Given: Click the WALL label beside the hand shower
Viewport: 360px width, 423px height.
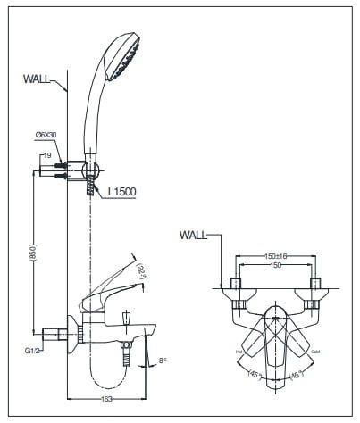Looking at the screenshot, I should point(38,79).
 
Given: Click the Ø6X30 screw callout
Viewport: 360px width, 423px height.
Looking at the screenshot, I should point(47,134).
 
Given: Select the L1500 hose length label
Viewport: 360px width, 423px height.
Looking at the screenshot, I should point(121,192).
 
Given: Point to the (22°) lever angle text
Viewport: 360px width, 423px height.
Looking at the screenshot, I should point(141,270).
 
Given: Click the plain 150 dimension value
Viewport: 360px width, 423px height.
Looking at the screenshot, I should point(274,265).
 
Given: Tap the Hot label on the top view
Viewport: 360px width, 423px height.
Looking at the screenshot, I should point(239,352).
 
